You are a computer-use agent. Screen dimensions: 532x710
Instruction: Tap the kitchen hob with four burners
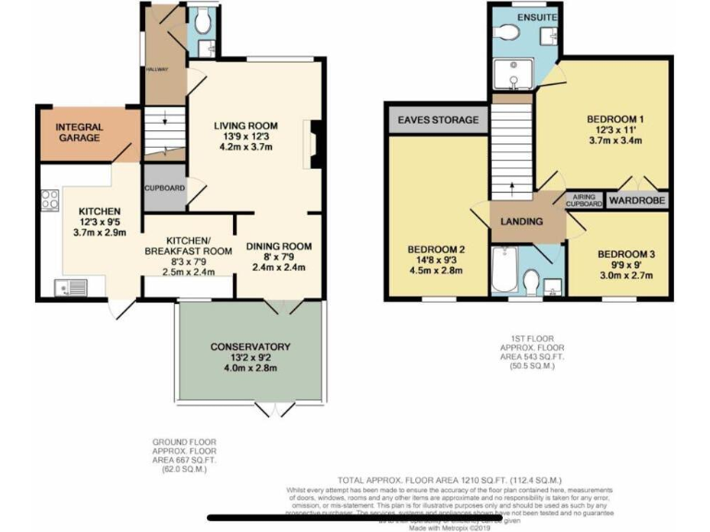[x=51, y=200]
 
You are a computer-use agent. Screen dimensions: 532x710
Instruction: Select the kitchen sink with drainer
[x=70, y=286]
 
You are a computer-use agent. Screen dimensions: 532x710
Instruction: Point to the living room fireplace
[x=313, y=143]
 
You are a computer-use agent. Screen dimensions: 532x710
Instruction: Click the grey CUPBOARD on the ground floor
[x=165, y=188]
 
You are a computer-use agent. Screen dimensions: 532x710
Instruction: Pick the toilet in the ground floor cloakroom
[x=203, y=18]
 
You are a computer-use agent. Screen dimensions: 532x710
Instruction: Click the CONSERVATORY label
[x=250, y=346]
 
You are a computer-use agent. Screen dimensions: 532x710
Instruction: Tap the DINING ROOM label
[x=279, y=246]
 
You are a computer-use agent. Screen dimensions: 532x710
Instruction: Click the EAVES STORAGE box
[x=438, y=120]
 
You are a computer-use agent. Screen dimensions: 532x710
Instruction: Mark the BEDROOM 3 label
[x=626, y=255]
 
